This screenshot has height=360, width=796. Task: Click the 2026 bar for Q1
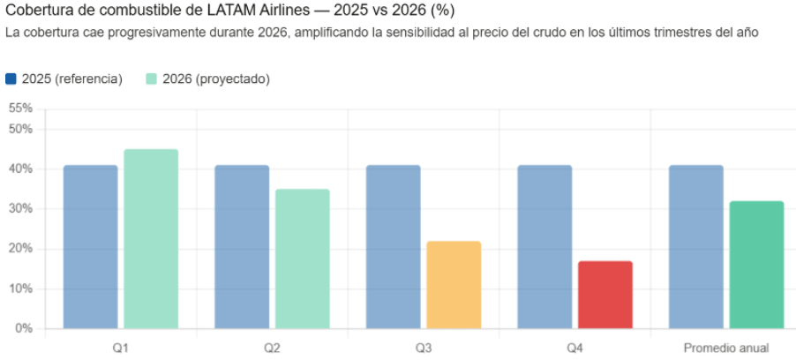coord(151,239)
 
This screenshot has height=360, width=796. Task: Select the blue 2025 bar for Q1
coord(90,247)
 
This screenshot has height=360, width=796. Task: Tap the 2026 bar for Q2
coord(302,259)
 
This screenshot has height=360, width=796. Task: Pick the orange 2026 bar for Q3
coord(454,285)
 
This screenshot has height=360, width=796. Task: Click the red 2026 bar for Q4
coord(605,295)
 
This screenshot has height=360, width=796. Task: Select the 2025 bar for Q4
coord(544,247)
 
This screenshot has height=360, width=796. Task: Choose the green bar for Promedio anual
coord(756,265)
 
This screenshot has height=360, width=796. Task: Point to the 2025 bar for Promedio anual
coord(695,247)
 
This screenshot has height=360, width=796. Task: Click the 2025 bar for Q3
coord(393,247)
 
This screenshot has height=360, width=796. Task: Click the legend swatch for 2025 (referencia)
coord(11,79)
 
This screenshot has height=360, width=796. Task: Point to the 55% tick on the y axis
coord(20,109)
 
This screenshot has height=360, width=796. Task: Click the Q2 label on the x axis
coord(272,348)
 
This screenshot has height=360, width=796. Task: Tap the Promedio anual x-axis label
coord(725,348)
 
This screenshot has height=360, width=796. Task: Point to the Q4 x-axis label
coord(574,348)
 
